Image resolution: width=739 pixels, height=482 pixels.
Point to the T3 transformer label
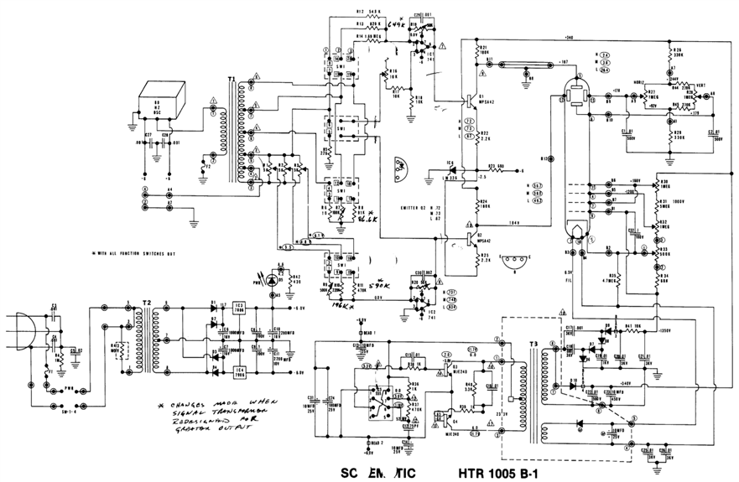tap(533, 345)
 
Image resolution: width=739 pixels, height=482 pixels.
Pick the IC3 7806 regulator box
tap(239, 308)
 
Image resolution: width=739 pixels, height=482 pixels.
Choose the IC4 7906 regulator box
tap(239, 370)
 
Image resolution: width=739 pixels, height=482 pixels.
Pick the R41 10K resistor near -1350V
tap(628, 327)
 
